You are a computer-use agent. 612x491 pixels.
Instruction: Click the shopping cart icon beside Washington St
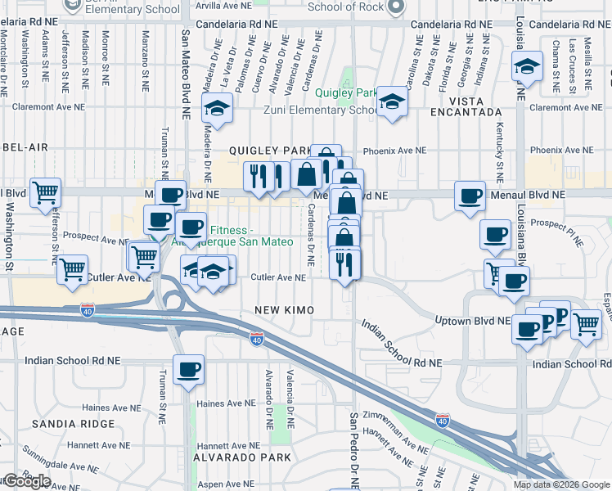pos(45,192)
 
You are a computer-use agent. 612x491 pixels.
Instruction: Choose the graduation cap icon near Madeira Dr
pos(218,107)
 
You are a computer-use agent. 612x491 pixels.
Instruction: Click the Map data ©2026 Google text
pos(560,484)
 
